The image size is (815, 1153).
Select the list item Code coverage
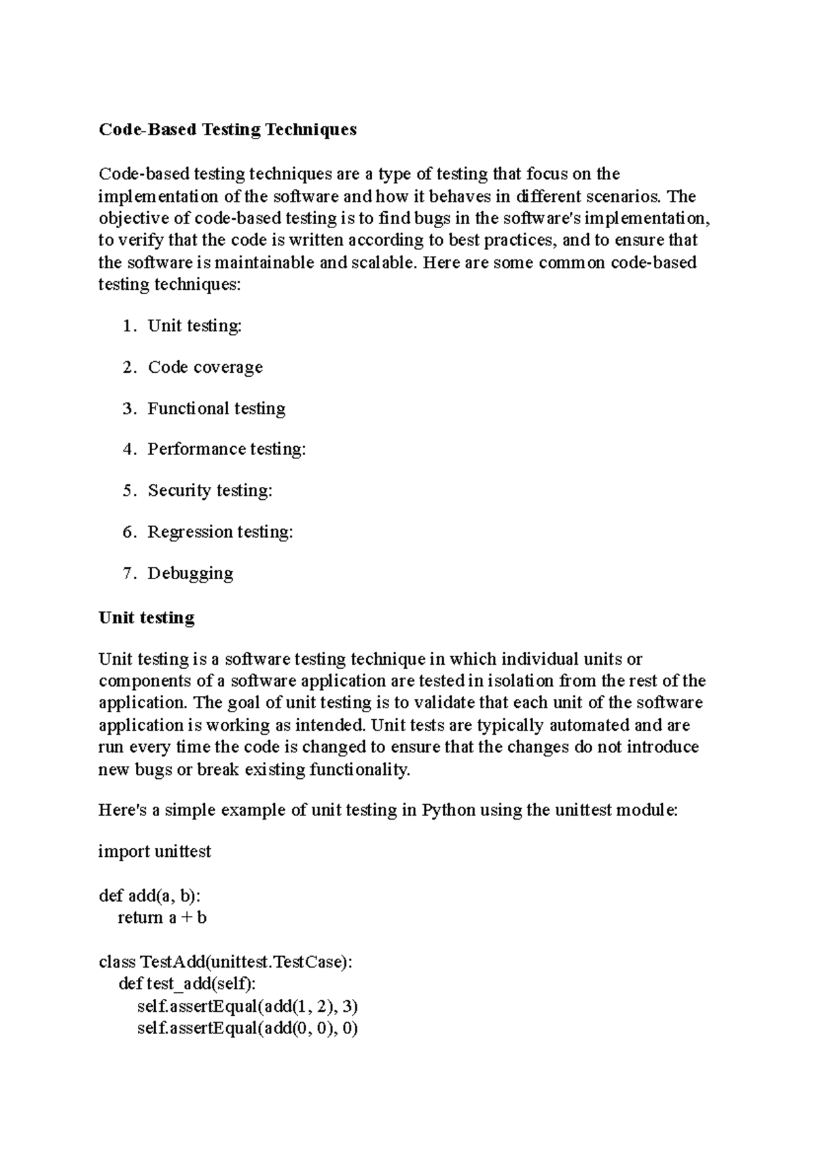[x=205, y=367]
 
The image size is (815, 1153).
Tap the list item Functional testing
[x=217, y=409]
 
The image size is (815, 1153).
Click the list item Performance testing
[x=227, y=450]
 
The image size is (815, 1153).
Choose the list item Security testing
[x=210, y=491]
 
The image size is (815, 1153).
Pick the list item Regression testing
[x=220, y=532]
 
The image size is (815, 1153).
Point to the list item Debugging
[x=190, y=574]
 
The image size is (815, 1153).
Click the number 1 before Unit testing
[x=128, y=327]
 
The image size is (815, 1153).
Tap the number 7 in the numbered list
[x=128, y=574]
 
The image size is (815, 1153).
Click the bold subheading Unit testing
[x=147, y=618]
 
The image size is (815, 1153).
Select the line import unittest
[x=155, y=852]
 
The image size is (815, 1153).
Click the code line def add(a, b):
[x=149, y=896]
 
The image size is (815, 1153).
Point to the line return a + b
[x=162, y=918]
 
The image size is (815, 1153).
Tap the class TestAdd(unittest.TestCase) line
[x=225, y=962]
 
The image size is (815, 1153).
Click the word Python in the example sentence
[x=448, y=811]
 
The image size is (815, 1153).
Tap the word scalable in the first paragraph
[x=382, y=263]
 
